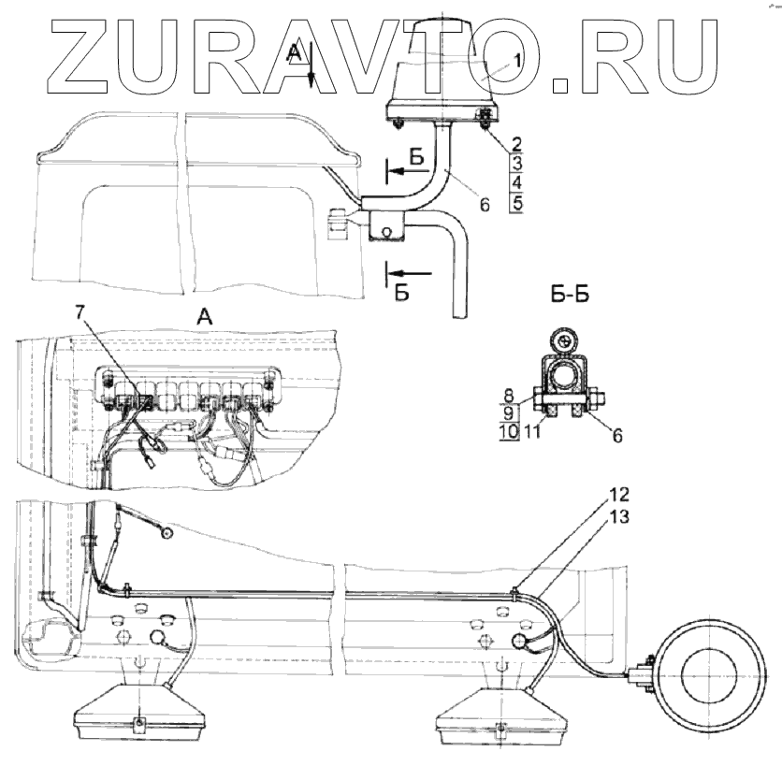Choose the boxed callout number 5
(x=515, y=201)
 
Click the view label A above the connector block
(x=205, y=318)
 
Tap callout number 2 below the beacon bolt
(x=515, y=145)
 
